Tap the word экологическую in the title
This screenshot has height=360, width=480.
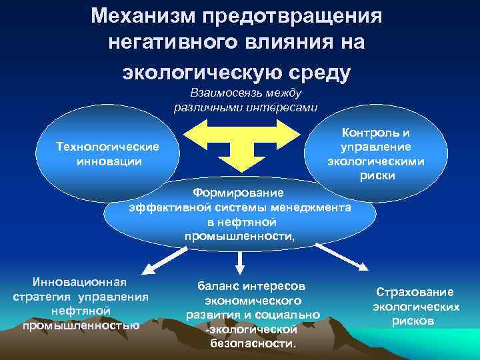pos(197,72)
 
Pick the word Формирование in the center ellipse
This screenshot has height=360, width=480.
pos(238,193)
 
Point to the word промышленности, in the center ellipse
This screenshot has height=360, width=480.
pos(239,237)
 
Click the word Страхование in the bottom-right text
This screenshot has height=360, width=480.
pos(415,292)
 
